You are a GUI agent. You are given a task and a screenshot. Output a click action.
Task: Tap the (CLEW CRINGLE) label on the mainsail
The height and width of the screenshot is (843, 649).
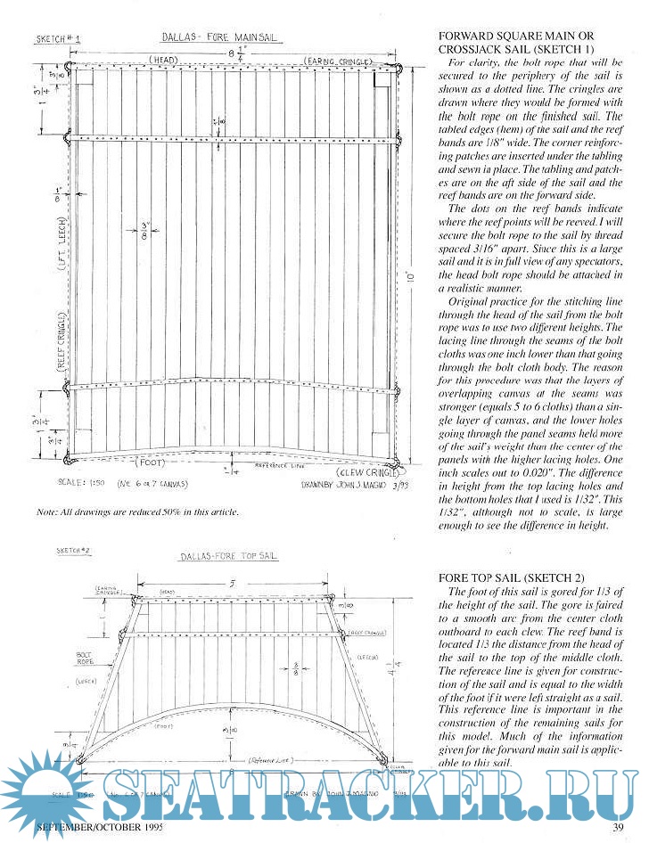pos(366,471)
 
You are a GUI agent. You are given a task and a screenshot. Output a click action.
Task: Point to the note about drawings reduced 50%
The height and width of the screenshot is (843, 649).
pos(137,513)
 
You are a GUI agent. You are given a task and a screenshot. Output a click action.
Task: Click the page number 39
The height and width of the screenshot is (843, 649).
pos(618,829)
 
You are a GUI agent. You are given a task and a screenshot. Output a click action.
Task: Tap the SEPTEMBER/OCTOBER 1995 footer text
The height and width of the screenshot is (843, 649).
pos(90,829)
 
